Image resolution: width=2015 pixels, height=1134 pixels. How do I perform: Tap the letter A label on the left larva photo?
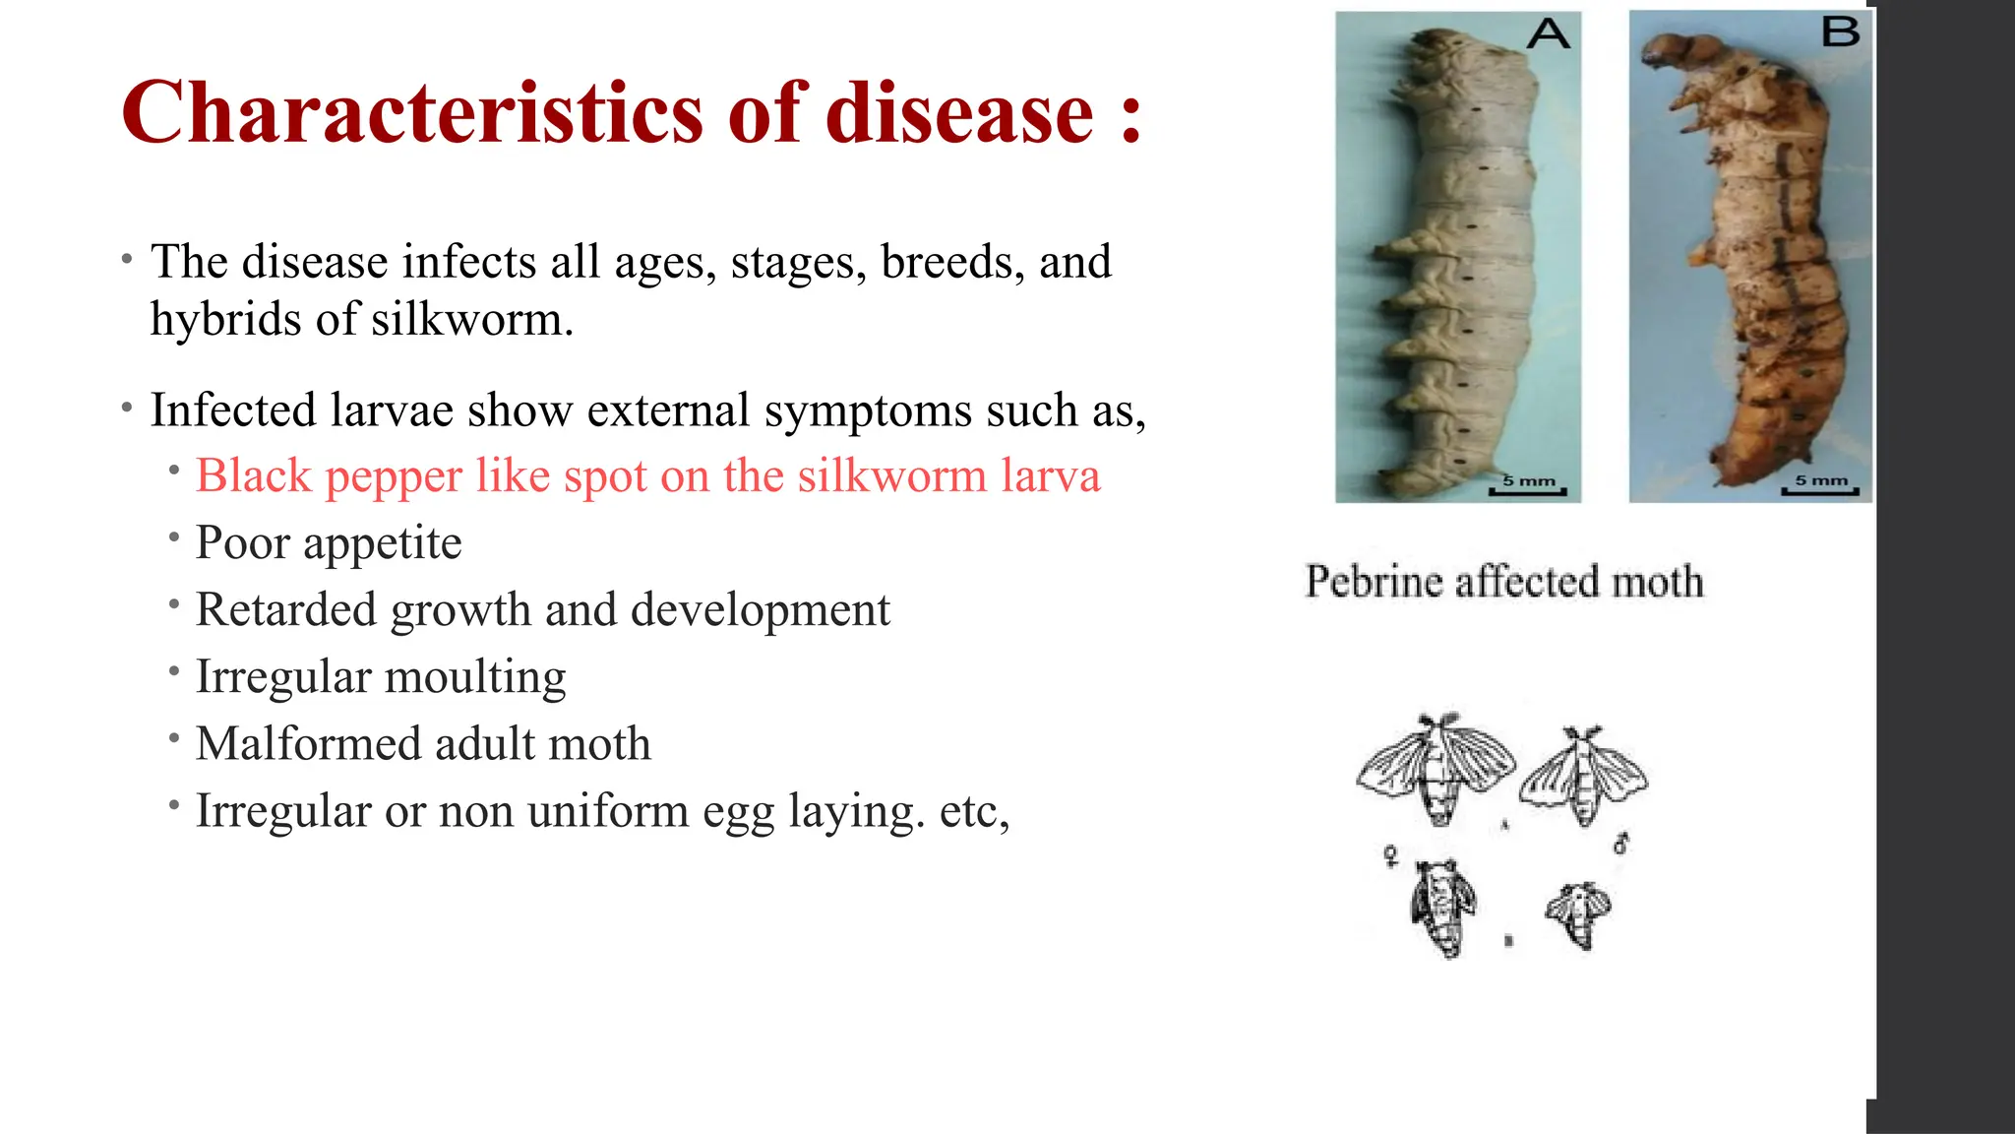tap(1548, 34)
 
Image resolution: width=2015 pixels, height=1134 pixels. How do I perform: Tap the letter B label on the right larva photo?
tap(1840, 32)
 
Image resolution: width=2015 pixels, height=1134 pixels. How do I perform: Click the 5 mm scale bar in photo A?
tap(1528, 486)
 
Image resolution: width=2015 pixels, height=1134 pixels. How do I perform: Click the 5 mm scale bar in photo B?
tap(1820, 486)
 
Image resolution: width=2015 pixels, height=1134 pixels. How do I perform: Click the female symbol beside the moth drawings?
tap(1391, 855)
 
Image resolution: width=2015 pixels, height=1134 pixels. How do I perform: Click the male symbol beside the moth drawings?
tap(1621, 844)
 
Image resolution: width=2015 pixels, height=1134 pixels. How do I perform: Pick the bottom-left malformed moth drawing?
tap(1442, 906)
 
